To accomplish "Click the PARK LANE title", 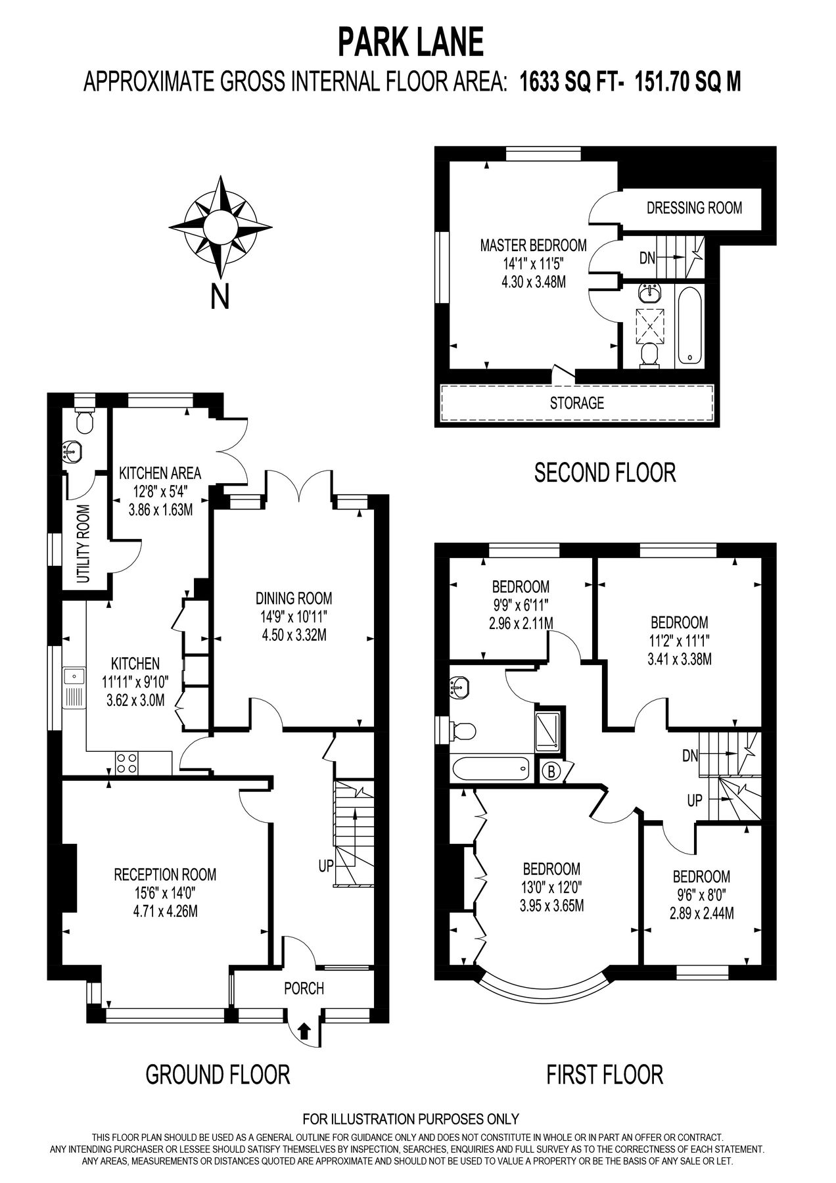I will pyautogui.click(x=411, y=43).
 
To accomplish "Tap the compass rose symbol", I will pyautogui.click(x=220, y=227).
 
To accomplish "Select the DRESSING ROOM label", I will pyautogui.click(x=694, y=208).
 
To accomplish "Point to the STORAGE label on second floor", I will pyautogui.click(x=576, y=403).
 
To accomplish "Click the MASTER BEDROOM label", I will pyautogui.click(x=533, y=246).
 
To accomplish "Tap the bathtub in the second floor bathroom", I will pyautogui.click(x=689, y=325).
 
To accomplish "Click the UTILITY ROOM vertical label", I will pyautogui.click(x=83, y=544).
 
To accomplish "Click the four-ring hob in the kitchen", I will pyautogui.click(x=127, y=762).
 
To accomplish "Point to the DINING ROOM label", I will pyautogui.click(x=294, y=598).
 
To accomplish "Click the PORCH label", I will pyautogui.click(x=304, y=988).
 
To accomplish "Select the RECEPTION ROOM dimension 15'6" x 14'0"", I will pyautogui.click(x=165, y=893).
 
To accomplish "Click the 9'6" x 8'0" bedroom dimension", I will pyautogui.click(x=701, y=894).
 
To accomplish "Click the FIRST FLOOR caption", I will pyautogui.click(x=605, y=1075).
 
